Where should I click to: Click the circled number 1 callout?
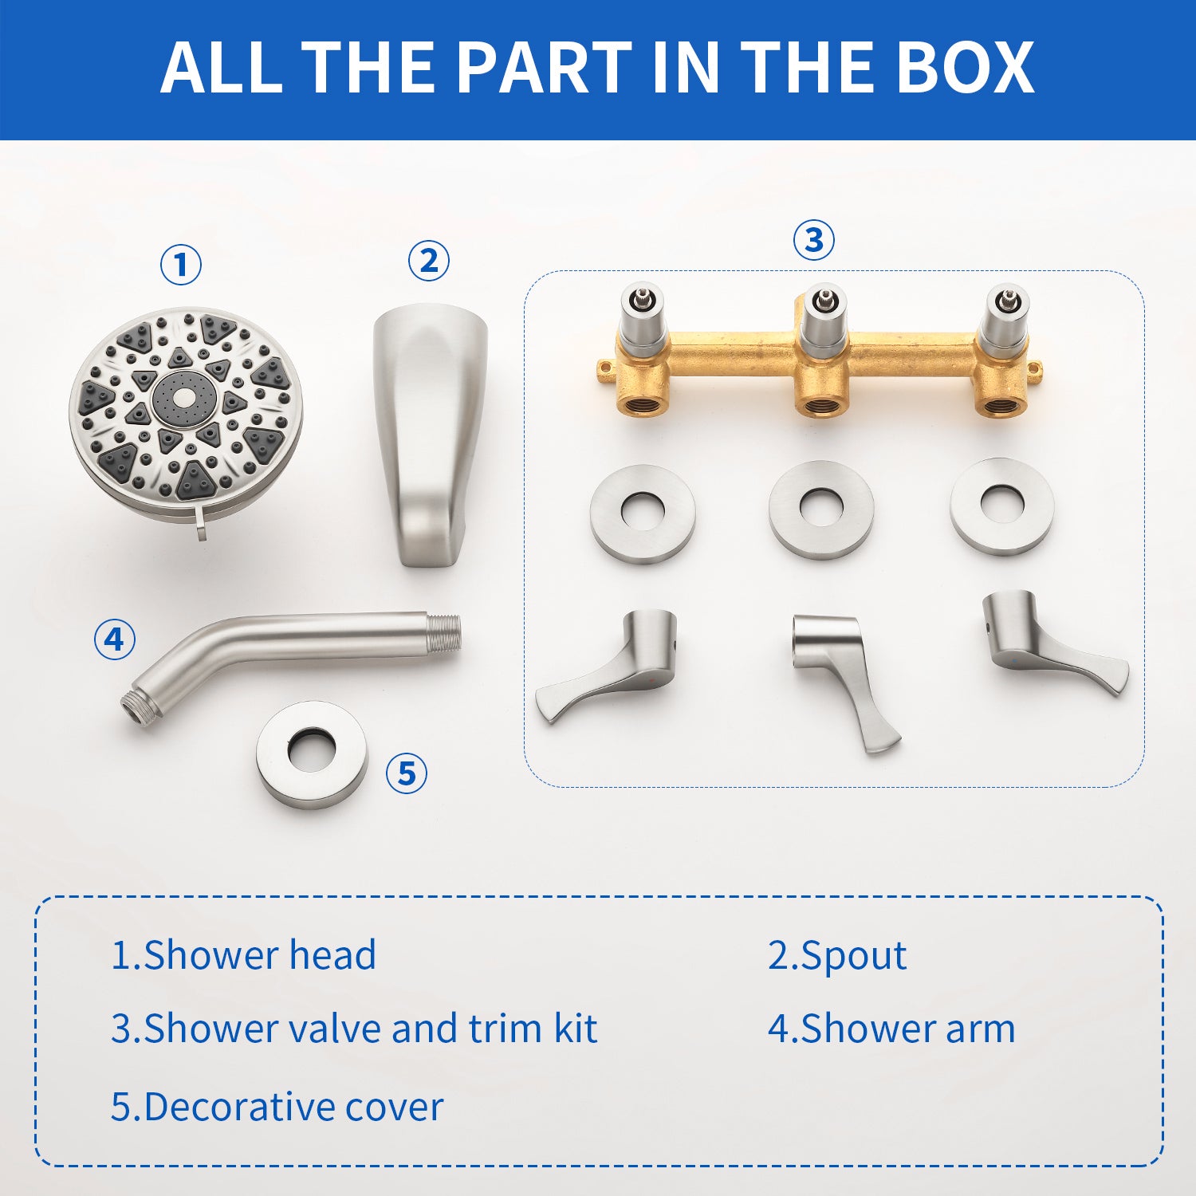click(181, 265)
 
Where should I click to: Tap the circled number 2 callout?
click(429, 261)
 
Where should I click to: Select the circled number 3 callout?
click(814, 239)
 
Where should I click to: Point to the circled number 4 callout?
click(115, 639)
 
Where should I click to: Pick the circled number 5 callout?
click(407, 773)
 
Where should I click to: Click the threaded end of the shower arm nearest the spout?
click(445, 631)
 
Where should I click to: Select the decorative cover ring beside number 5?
click(312, 754)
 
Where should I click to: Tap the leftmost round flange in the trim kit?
click(643, 513)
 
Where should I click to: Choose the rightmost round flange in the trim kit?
click(1002, 506)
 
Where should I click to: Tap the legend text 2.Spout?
click(836, 955)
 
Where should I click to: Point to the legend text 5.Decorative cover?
click(277, 1107)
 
